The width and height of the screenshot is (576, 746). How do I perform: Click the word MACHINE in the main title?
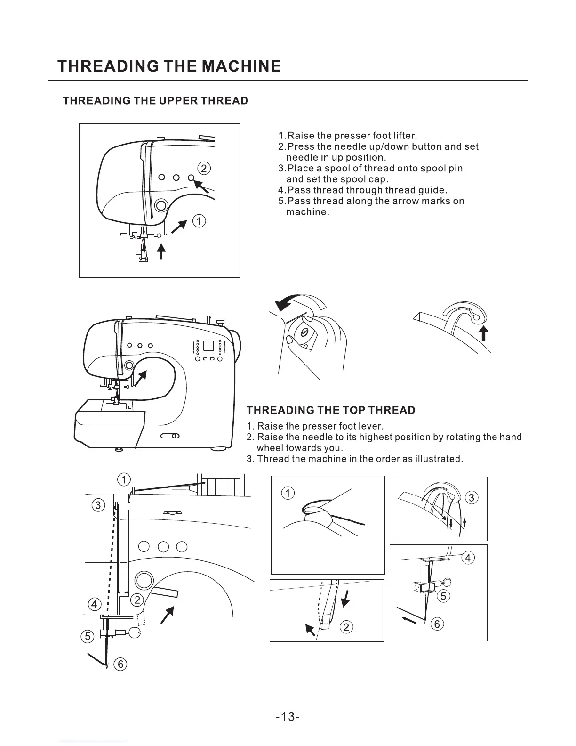(241, 66)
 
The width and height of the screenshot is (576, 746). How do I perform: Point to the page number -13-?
(288, 717)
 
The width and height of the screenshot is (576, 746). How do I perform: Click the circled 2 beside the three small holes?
(204, 168)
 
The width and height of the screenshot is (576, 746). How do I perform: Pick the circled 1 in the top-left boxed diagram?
(200, 221)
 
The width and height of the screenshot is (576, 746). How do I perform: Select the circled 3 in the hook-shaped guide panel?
(472, 498)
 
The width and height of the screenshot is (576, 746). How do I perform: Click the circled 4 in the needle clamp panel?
(467, 558)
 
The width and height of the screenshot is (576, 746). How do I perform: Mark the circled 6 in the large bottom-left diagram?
(120, 664)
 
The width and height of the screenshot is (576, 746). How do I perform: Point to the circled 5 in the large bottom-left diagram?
(87, 636)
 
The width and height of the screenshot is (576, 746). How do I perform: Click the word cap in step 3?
(378, 179)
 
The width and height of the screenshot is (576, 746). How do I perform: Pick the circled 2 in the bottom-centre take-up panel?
(346, 627)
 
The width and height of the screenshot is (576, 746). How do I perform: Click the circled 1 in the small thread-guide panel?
(287, 493)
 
